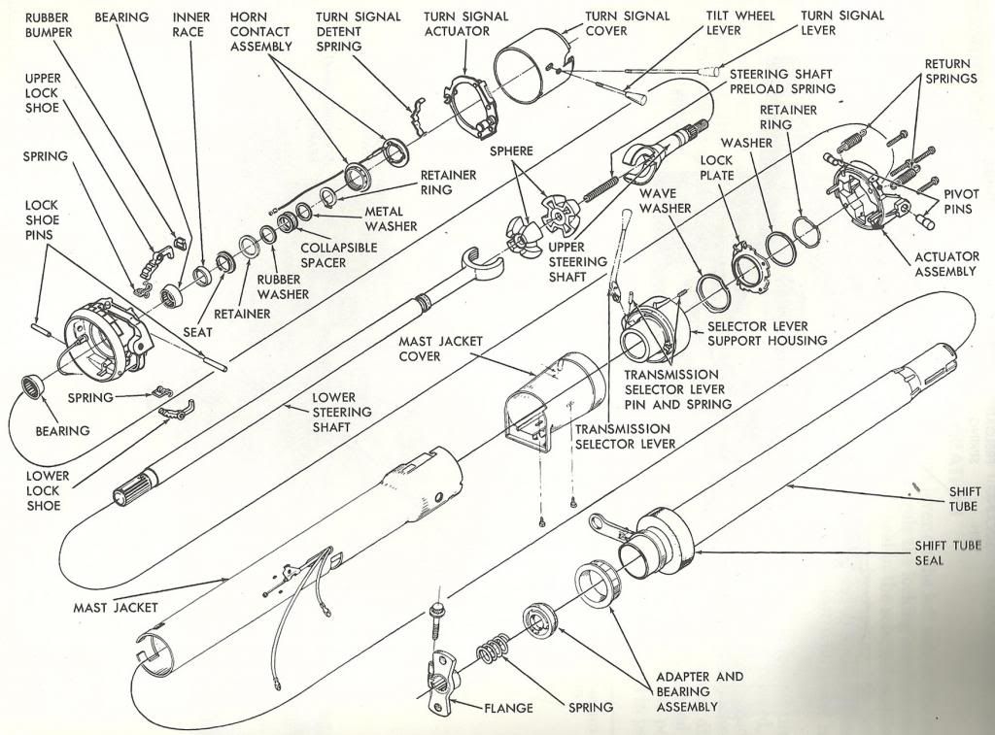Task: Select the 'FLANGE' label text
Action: [508, 709]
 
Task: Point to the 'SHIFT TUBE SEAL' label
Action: [948, 552]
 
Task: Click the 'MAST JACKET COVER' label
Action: [439, 349]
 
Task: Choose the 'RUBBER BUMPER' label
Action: [48, 25]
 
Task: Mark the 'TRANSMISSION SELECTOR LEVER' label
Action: [622, 436]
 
